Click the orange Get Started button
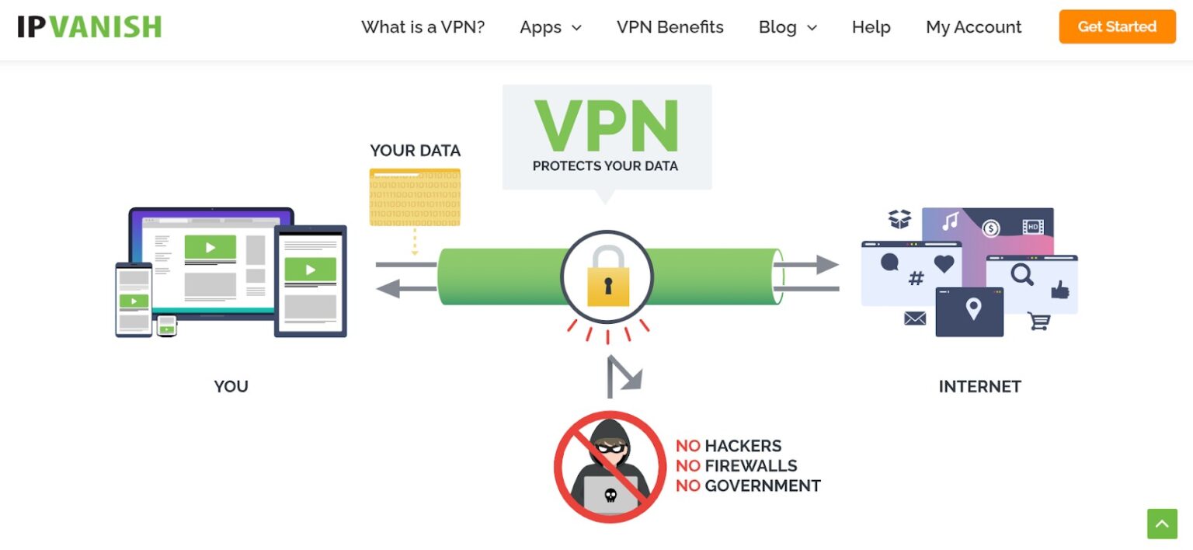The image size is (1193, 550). coord(1117,26)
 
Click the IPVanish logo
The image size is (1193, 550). coord(89,26)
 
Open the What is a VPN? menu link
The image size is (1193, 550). coord(423,27)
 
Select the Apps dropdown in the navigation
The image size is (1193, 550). coord(550,27)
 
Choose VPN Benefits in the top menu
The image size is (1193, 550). coord(670,27)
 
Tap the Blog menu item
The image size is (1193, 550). coord(787,27)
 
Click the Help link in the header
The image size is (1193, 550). coord(871,27)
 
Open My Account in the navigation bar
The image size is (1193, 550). coord(973,27)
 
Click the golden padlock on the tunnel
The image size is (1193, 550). coord(607,277)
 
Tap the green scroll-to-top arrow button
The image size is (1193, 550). coord(1162,524)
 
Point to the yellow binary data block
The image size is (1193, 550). coord(415,197)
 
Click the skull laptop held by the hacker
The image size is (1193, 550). coord(610,494)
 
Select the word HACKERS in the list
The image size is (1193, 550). coord(743,446)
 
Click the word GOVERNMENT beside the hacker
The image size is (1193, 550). coord(762,486)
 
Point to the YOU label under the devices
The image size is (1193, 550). coord(231,386)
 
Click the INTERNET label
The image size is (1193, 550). coord(979,386)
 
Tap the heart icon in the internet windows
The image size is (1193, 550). coord(944,264)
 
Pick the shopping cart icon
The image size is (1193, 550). coord(1038,321)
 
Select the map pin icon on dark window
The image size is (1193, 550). coord(972,310)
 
